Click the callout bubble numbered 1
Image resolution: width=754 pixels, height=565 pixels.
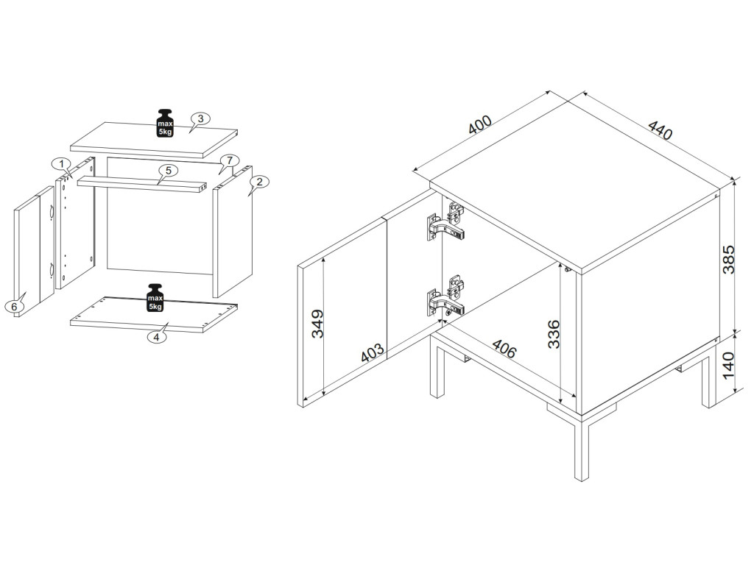[x=61, y=164]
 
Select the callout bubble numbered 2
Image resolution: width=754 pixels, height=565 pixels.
[x=260, y=182]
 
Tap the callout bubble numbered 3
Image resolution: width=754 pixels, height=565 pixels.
[x=200, y=118]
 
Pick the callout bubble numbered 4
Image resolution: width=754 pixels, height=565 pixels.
[x=156, y=337]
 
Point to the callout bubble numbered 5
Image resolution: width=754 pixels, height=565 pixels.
[x=169, y=171]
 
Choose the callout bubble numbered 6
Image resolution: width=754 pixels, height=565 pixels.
[x=14, y=305]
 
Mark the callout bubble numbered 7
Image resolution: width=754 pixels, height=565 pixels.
[x=230, y=160]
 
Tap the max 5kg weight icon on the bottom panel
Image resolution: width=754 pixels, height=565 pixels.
[x=155, y=298]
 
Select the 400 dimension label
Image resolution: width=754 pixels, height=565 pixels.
[x=480, y=124]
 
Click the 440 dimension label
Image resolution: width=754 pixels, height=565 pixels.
[x=660, y=129]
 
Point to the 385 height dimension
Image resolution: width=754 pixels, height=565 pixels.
[x=729, y=260]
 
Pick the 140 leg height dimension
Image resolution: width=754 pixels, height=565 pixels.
[x=729, y=365]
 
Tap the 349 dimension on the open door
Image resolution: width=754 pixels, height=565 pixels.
[x=317, y=324]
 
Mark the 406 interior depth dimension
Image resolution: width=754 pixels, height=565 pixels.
[x=504, y=349]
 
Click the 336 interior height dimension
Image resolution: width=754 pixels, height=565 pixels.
[x=554, y=334]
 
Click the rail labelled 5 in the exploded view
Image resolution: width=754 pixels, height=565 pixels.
[x=142, y=185]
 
